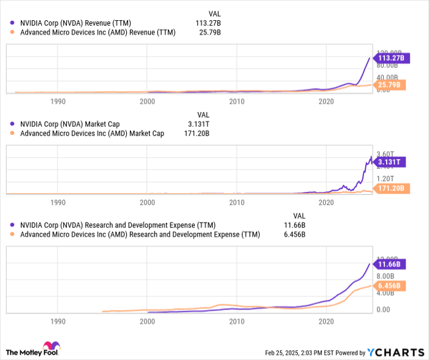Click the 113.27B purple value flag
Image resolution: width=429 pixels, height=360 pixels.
(389, 58)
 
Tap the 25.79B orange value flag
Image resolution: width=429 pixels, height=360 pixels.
(389, 84)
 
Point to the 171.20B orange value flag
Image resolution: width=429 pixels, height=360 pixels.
(389, 188)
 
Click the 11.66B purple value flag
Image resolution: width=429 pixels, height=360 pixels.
(389, 264)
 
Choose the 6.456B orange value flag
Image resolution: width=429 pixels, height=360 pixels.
(389, 286)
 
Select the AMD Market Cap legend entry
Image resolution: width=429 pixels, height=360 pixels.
(92, 133)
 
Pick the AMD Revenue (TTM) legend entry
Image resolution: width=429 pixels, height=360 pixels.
(97, 33)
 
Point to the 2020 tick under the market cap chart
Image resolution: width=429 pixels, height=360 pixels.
(326, 202)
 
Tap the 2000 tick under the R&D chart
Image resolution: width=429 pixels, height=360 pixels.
(147, 321)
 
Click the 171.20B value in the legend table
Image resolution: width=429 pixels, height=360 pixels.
(197, 133)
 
